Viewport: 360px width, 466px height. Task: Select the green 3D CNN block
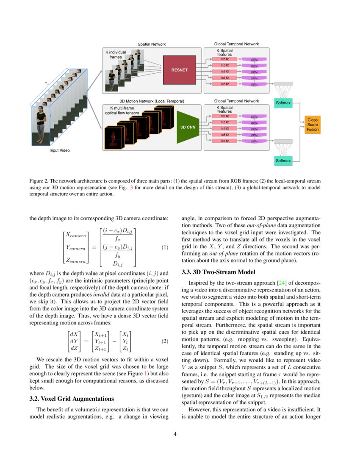point(188,126)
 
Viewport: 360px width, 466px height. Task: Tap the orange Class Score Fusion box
point(313,125)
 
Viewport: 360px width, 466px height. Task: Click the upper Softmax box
point(283,103)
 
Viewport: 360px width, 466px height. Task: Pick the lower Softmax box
point(283,161)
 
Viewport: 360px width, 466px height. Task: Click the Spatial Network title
point(152,44)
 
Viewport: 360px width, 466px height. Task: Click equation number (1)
point(165,248)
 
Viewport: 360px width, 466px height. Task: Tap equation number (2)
point(165,341)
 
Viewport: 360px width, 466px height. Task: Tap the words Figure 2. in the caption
point(39,180)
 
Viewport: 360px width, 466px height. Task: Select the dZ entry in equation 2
point(73,348)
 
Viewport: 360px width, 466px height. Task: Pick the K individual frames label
point(116,54)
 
